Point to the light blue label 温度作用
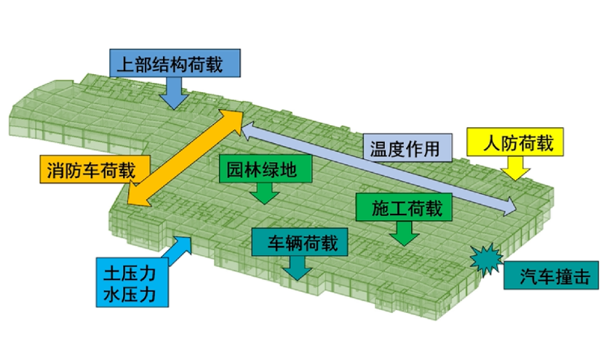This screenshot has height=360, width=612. coord(405,149)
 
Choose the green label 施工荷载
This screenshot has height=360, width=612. coord(407,207)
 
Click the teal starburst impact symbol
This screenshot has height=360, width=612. coord(485,259)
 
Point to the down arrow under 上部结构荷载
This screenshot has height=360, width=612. coord(175,93)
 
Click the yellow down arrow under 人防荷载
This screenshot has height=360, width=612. coord(514,169)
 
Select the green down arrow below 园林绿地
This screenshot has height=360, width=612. coord(264,193)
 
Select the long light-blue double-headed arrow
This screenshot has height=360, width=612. coord(378,168)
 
